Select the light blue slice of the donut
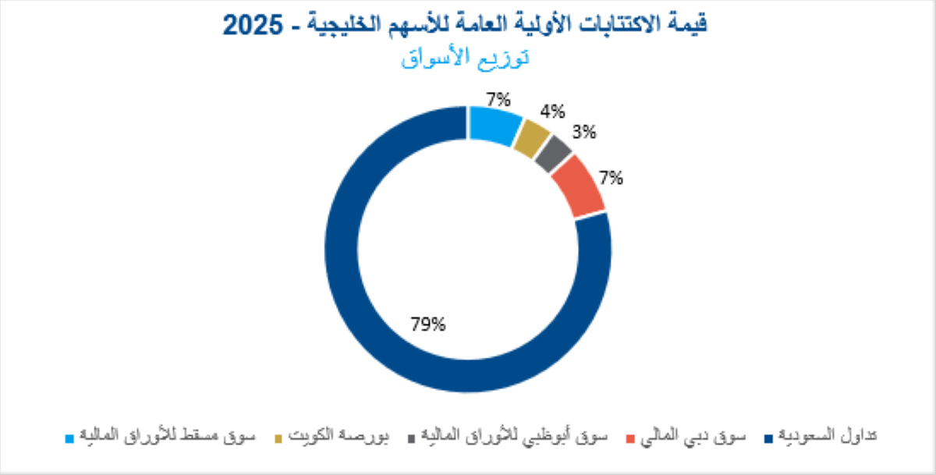(495, 125)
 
